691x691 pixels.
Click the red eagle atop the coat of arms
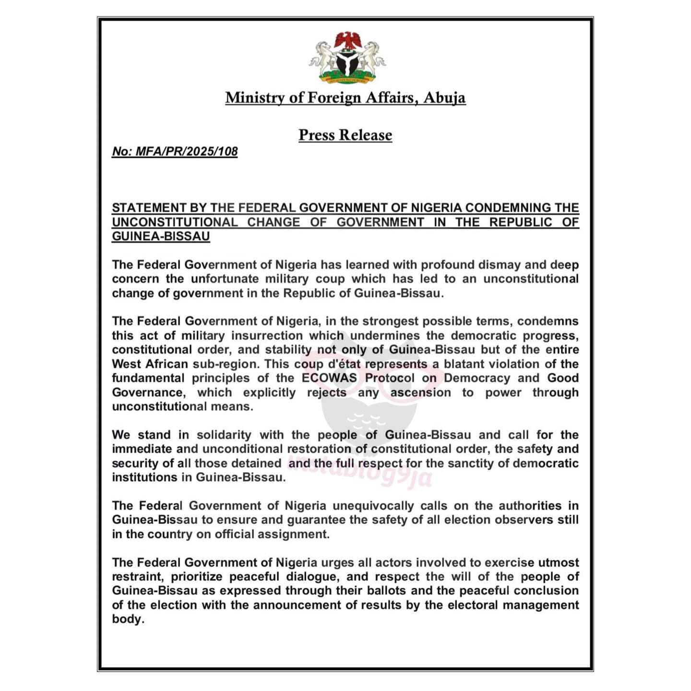click(x=347, y=40)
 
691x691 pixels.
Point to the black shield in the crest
click(x=347, y=62)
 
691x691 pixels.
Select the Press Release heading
click(x=345, y=135)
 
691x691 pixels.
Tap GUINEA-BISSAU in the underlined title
click(x=161, y=236)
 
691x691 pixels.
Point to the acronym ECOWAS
click(x=329, y=378)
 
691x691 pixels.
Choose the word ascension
click(x=420, y=393)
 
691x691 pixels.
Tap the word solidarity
click(x=224, y=435)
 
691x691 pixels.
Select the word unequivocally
click(x=373, y=506)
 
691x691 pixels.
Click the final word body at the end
click(x=127, y=619)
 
